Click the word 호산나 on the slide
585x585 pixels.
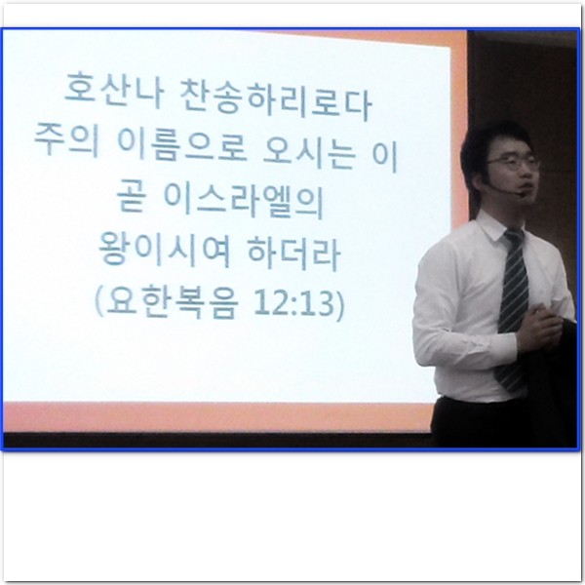click(x=114, y=90)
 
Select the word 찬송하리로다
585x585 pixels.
click(x=276, y=101)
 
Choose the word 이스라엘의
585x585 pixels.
click(x=244, y=202)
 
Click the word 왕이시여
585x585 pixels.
click(x=165, y=249)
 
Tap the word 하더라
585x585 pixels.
click(x=294, y=253)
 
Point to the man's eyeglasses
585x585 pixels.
click(x=514, y=162)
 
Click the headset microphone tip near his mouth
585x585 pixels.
click(x=520, y=193)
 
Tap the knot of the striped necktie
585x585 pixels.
click(x=514, y=236)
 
